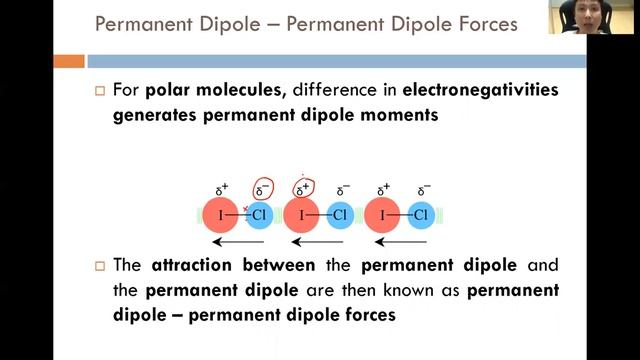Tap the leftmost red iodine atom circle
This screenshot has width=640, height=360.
pos(220,215)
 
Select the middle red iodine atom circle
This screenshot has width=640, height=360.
pos(302,215)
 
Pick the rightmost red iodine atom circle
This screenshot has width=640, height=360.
pos(384,215)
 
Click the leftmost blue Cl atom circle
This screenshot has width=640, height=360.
pos(260,215)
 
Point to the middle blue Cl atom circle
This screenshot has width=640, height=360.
pos(340,215)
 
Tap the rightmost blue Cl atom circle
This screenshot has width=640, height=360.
pos(421,215)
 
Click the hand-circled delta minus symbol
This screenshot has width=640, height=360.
pos(262,189)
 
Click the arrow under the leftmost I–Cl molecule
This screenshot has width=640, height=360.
pos(238,241)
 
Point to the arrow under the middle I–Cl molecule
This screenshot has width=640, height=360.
pos(318,241)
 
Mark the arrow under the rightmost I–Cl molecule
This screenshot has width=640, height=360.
pos(400,241)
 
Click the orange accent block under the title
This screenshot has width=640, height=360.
pos(68,61)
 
